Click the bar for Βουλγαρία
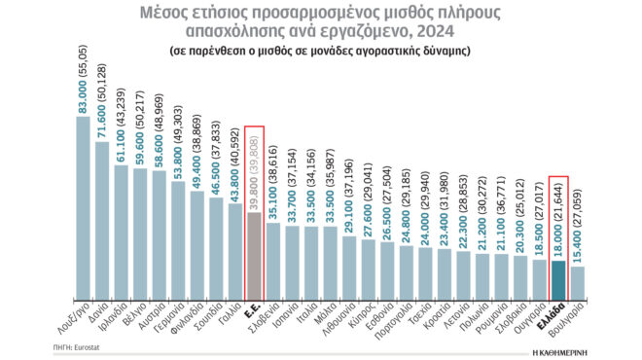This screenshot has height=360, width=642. [x=577, y=282]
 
